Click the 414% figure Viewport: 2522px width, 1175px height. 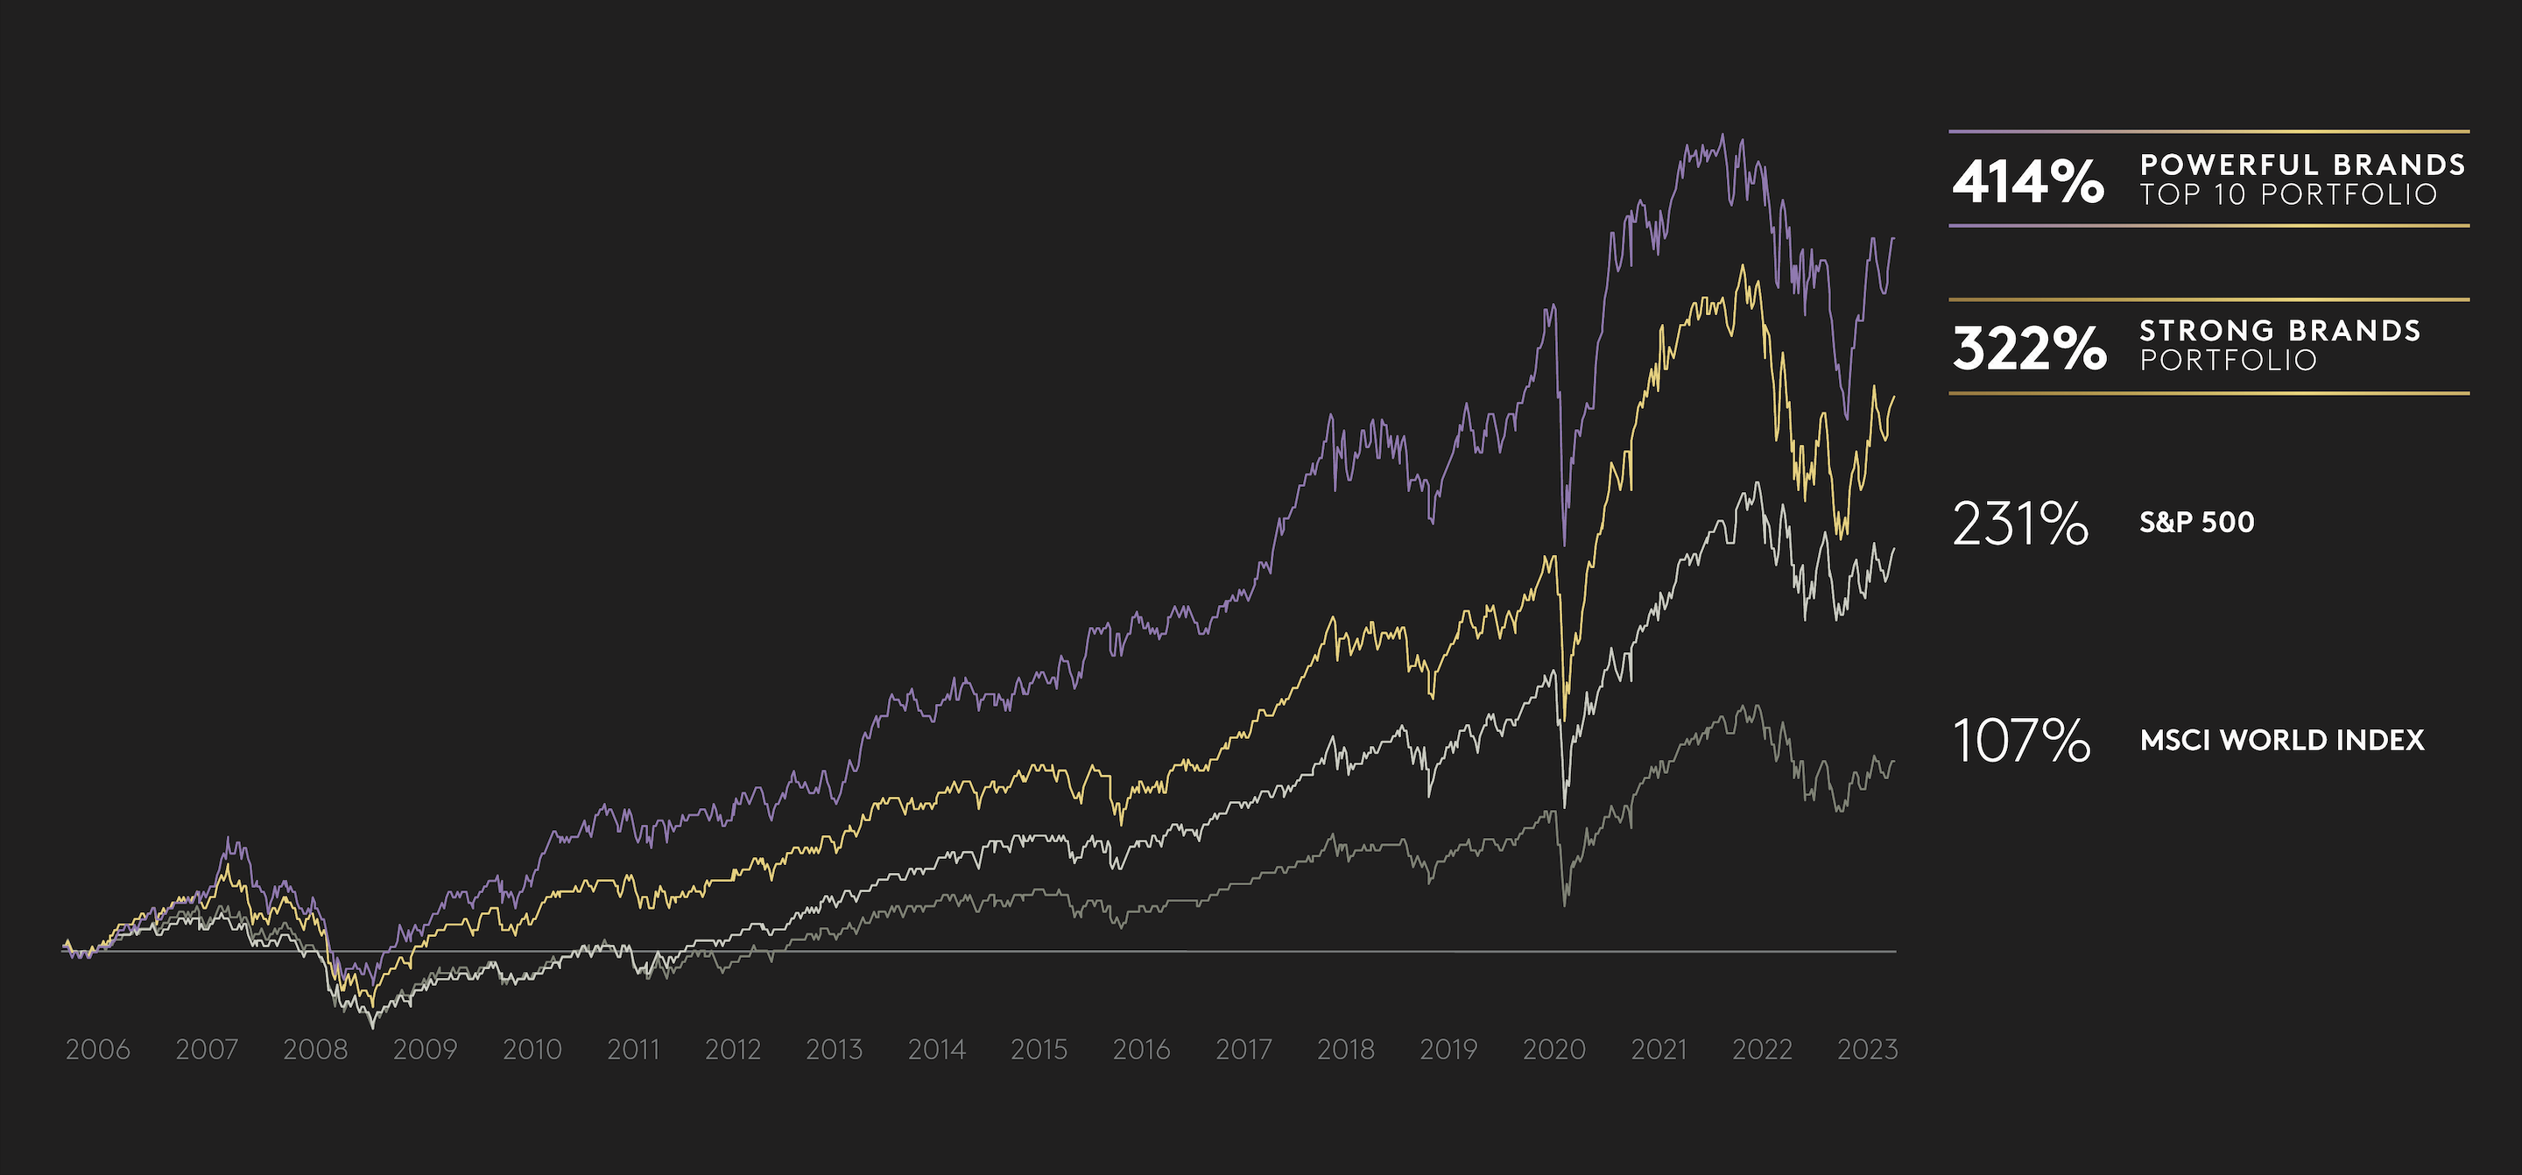[2027, 182]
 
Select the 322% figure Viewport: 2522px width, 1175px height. [2029, 348]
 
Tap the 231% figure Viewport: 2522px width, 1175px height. [2019, 524]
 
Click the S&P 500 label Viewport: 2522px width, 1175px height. [2197, 522]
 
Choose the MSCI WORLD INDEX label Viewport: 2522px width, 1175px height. [2282, 740]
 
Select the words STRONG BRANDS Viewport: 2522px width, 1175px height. [2280, 331]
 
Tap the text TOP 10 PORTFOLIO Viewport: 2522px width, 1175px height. [2288, 195]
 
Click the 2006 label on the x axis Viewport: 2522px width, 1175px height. [98, 1050]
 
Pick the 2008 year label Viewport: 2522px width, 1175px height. [315, 1050]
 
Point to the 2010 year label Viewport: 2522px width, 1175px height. [532, 1050]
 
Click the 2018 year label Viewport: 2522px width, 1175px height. [1346, 1050]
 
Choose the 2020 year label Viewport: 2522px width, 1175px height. [1553, 1050]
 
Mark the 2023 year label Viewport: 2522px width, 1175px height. [1867, 1050]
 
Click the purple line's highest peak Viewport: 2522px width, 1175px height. [1723, 135]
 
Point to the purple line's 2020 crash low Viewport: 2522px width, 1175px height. [1563, 545]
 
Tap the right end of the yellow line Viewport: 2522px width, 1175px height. [1894, 397]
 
